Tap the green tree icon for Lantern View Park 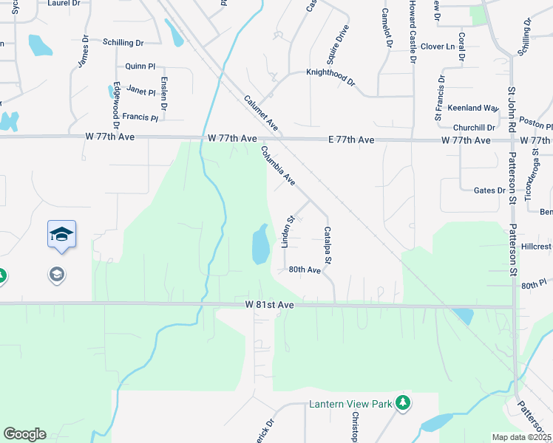click(x=403, y=402)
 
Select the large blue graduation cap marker click(x=61, y=236)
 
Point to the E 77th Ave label click(x=350, y=140)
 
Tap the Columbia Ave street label click(x=278, y=166)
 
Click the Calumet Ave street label click(x=260, y=114)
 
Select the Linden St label click(x=289, y=231)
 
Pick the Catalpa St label click(x=328, y=246)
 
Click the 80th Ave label click(x=305, y=270)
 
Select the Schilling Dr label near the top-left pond click(x=123, y=44)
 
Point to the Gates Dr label click(x=489, y=190)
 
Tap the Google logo click(x=24, y=434)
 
